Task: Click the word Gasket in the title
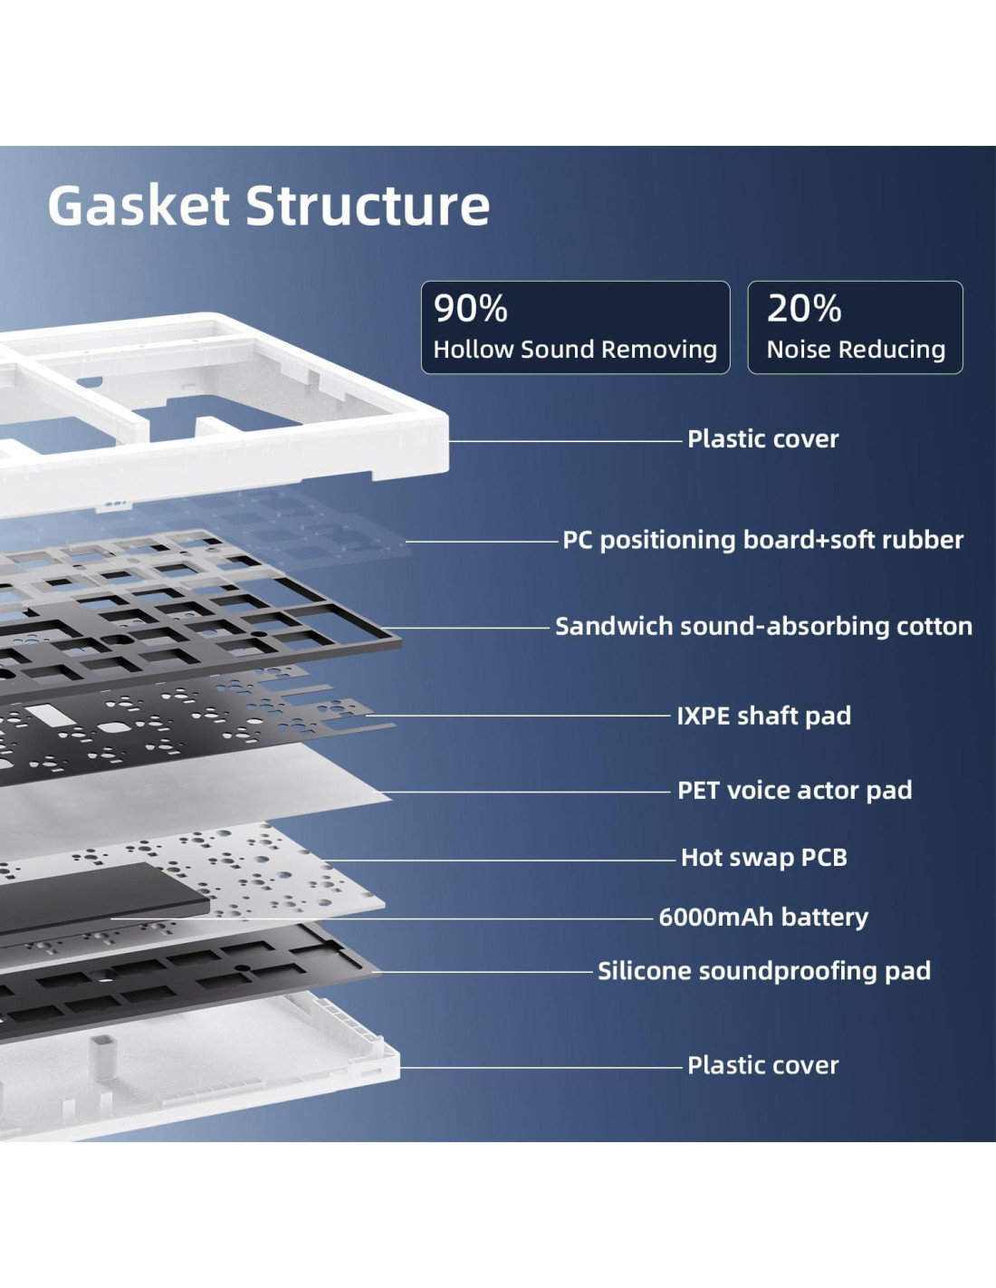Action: [139, 206]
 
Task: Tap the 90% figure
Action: [470, 308]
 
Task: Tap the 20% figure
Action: [804, 308]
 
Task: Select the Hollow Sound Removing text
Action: [575, 350]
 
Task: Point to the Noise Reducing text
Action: [856, 350]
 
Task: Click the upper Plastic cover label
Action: [762, 439]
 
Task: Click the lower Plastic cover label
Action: [762, 1065]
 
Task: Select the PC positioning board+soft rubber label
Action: [762, 540]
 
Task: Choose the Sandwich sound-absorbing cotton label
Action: [763, 626]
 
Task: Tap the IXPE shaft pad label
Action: [763, 716]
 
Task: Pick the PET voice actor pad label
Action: [794, 790]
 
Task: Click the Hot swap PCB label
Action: [763, 857]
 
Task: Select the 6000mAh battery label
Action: [762, 917]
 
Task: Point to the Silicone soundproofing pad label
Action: [763, 971]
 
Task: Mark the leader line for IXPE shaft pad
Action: [525, 716]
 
